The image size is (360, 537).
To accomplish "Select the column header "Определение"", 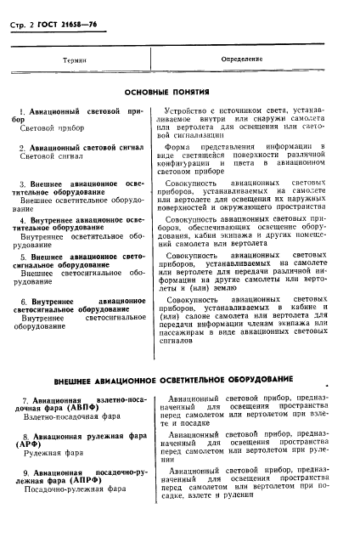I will pyautogui.click(x=242, y=59).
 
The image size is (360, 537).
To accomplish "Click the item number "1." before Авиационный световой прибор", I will pyautogui.click(x=22, y=112).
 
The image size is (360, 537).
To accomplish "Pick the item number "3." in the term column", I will pyautogui.click(x=22, y=184).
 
